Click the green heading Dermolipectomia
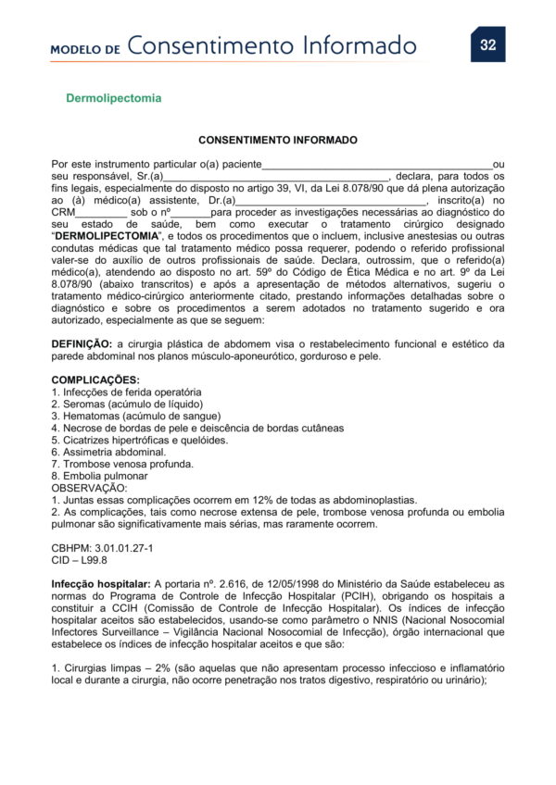pos(113,97)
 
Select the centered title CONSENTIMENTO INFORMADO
pos(278,141)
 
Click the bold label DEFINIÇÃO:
pos(82,343)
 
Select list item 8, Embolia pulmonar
pos(99,476)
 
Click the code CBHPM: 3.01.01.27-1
pos(103,548)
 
